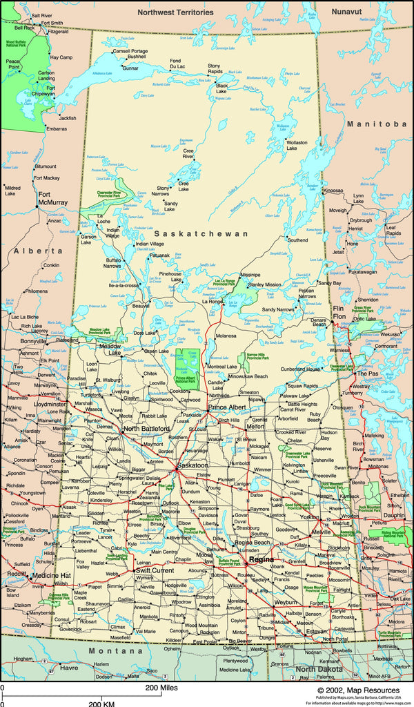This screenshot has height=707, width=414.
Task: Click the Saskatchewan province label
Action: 201,234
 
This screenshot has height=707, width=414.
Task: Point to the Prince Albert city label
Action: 227,408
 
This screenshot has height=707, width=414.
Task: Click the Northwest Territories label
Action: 175,12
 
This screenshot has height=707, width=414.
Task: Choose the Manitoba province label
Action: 377,124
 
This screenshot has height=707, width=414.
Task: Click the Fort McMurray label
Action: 52,198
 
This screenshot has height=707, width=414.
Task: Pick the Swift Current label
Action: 155,571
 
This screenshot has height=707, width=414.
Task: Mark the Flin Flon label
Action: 338,312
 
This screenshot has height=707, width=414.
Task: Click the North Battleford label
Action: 146,429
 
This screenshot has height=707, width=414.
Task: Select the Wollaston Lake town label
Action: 296,145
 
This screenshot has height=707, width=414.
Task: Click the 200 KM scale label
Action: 103,702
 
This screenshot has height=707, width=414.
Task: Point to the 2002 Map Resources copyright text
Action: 358,690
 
